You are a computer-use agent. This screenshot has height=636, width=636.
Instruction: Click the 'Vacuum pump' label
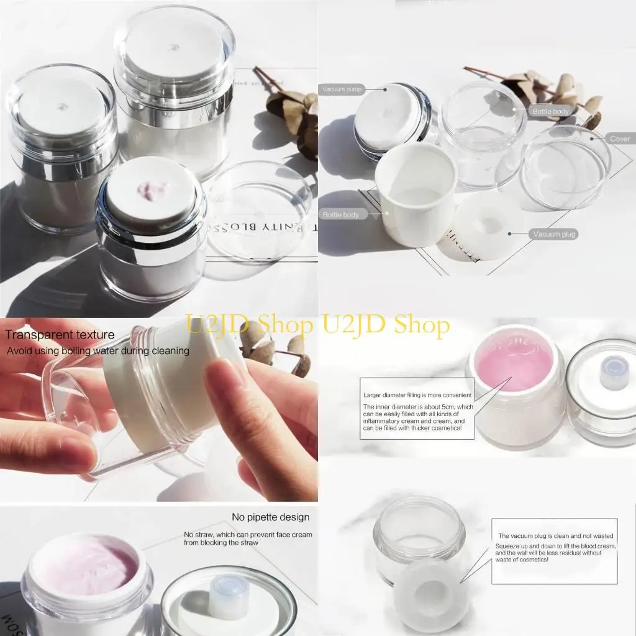click(x=342, y=89)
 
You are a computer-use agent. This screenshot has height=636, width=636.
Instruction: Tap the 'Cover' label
click(x=619, y=139)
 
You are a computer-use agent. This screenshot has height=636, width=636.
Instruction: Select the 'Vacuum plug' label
click(x=555, y=234)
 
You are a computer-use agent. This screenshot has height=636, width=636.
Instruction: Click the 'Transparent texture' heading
click(x=60, y=335)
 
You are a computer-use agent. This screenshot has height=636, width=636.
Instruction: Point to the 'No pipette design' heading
click(x=270, y=517)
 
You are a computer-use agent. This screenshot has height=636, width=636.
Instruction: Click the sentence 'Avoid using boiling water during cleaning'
click(x=98, y=351)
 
